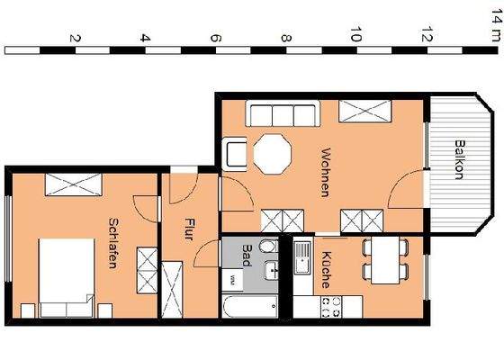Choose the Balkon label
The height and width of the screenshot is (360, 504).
tap(458, 160)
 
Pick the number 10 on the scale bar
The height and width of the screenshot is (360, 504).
tap(355, 37)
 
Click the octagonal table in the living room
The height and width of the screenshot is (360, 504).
tap(273, 154)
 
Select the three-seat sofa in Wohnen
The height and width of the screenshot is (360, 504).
tap(282, 114)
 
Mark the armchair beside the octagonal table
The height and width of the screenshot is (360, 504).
tap(236, 154)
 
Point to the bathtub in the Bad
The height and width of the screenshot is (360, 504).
tap(248, 306)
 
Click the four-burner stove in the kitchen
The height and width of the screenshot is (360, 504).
tap(325, 306)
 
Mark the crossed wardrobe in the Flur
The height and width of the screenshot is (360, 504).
tap(173, 287)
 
